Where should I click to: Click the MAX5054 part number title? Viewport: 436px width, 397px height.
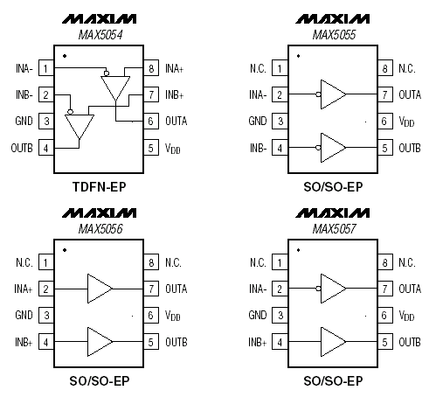pos(100,35)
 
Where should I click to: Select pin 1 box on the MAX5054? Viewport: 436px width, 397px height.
pos(46,68)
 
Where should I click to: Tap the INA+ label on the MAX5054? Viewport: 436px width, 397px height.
pos(174,69)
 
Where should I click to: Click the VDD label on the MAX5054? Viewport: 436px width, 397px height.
pos(172,149)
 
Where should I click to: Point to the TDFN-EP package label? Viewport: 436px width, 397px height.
pos(100,187)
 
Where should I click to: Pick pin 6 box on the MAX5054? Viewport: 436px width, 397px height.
pos(151,121)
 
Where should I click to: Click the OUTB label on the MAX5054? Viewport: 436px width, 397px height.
pos(22,148)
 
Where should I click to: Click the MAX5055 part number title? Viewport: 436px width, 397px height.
pos(334,35)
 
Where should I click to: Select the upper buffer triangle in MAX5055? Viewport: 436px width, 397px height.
pos(333,94)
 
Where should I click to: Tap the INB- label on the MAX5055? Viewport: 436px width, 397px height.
pos(258,148)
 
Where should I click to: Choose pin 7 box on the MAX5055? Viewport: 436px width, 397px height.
pos(385,94)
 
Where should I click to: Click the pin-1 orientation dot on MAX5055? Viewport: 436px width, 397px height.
pos(298,56)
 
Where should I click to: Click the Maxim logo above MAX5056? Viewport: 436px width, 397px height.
pos(99,213)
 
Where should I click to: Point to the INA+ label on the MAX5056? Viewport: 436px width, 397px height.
pos(24,289)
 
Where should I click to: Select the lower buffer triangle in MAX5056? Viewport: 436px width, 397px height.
pos(100,342)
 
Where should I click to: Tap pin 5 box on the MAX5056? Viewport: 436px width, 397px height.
pos(151,342)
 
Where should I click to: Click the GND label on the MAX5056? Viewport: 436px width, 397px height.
pos(24,315)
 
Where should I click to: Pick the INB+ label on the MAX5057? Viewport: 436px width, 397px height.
pos(258,342)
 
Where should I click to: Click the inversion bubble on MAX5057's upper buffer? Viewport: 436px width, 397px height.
pos(318,289)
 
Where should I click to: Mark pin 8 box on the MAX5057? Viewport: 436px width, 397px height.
pos(385,262)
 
